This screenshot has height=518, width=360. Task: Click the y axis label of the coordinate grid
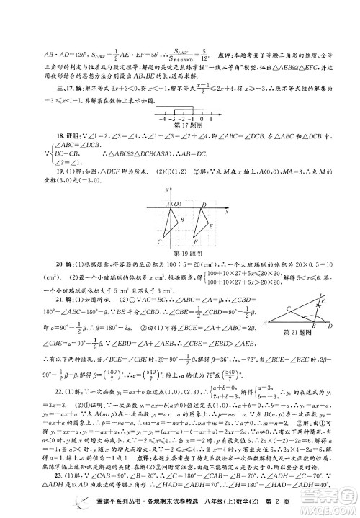coord(166,189)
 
